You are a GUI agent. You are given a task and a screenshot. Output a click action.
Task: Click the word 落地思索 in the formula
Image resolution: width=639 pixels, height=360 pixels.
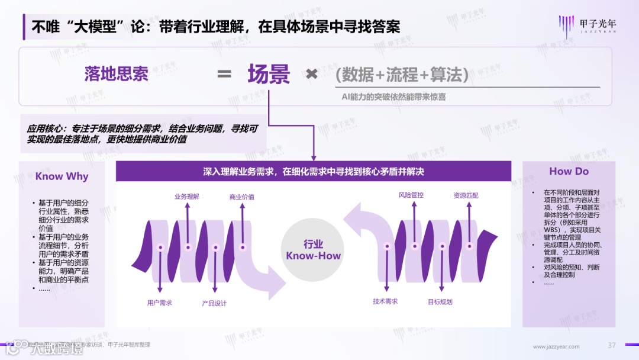click(x=116, y=74)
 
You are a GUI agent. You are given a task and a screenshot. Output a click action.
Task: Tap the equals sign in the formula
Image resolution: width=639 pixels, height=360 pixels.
click(x=224, y=75)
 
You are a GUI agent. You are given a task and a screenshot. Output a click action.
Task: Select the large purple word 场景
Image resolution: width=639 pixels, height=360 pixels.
click(x=269, y=75)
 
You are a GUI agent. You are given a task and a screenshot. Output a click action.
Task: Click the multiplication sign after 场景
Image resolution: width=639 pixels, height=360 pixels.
click(x=312, y=75)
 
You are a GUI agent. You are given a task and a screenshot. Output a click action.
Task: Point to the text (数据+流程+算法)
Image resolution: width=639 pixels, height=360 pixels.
click(x=402, y=75)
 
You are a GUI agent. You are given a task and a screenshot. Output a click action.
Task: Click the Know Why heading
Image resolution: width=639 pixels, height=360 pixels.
click(x=62, y=176)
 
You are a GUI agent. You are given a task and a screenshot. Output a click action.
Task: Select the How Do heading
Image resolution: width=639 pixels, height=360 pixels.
click(x=569, y=171)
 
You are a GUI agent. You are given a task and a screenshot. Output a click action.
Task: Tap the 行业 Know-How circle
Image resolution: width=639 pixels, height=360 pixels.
click(x=314, y=250)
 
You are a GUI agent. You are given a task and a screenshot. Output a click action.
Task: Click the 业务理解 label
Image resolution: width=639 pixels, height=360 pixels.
click(x=187, y=197)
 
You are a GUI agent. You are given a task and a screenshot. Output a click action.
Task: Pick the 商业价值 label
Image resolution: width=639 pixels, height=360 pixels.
click(x=241, y=197)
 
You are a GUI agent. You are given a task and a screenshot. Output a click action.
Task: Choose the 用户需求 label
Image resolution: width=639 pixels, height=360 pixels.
click(x=160, y=303)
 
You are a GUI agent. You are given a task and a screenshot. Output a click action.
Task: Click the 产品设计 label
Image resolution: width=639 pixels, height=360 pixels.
click(x=214, y=303)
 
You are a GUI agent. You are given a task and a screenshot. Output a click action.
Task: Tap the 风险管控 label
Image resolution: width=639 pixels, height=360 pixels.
click(x=411, y=195)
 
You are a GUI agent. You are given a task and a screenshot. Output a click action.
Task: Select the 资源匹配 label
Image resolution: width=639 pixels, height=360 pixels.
click(x=466, y=195)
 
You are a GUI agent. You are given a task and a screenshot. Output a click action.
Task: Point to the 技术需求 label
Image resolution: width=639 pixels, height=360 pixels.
click(x=385, y=301)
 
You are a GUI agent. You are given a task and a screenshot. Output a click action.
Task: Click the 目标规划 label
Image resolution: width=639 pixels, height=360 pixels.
click(x=440, y=302)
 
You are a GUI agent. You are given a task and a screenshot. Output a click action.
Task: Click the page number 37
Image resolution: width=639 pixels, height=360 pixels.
click(x=612, y=346)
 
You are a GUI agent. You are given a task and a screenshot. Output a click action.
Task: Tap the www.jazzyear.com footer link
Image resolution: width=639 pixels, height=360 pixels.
click(x=556, y=346)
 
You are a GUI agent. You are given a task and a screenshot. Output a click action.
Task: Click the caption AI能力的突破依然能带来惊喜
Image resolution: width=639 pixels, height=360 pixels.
click(x=393, y=96)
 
